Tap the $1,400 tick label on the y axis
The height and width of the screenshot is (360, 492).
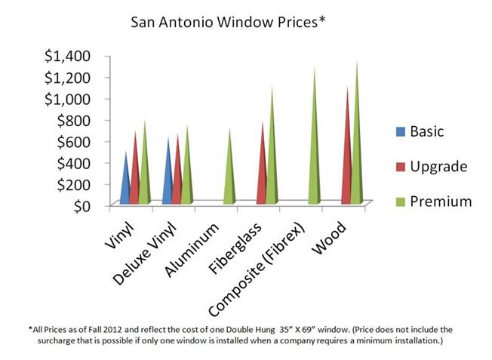[x=69, y=55]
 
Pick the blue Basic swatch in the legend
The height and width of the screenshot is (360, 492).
[x=398, y=131]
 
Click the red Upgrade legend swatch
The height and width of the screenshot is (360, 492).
[x=398, y=166]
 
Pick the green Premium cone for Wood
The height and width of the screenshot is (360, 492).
[x=357, y=143]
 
